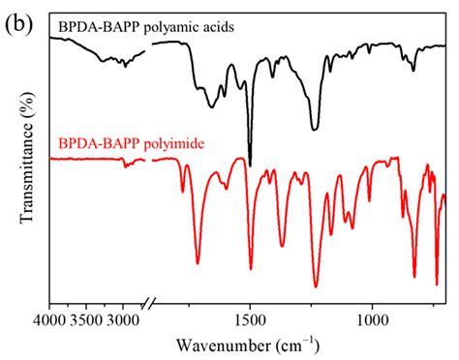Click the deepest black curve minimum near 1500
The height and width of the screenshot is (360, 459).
click(250, 165)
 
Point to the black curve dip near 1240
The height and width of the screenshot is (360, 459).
click(315, 128)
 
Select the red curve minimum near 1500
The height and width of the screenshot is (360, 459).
click(250, 269)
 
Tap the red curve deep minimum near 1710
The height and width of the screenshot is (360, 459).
click(198, 262)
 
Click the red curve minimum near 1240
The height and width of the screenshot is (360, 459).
click(316, 286)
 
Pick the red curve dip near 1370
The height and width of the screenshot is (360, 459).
click(282, 246)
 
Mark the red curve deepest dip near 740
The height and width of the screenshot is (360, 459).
click(437, 285)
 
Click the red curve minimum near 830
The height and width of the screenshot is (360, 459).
click(415, 261)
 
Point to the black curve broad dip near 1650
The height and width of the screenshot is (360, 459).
click(212, 105)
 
